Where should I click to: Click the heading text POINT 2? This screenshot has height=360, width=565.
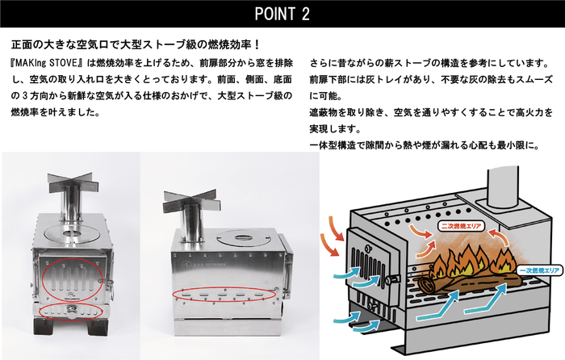coord(282,15)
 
